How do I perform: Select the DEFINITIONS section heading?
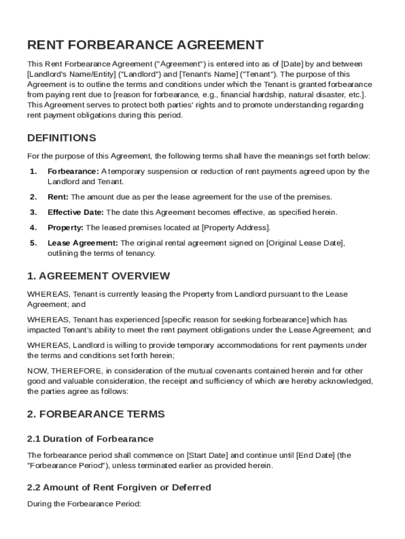click(62, 138)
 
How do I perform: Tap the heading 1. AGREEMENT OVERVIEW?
click(98, 276)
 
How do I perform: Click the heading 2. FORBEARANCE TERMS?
click(96, 414)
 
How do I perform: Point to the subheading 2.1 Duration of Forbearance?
click(90, 439)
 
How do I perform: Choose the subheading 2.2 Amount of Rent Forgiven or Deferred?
click(119, 487)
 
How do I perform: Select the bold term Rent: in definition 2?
click(58, 197)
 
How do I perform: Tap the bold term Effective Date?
click(76, 212)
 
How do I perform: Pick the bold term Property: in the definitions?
click(65, 227)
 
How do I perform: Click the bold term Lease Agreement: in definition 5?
click(83, 243)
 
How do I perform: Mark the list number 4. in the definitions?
click(33, 227)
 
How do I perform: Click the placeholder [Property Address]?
click(236, 227)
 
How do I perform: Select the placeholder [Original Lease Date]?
click(305, 243)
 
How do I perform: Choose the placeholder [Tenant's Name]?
click(207, 74)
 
